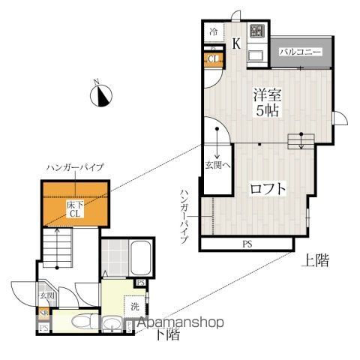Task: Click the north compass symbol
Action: pos(101,95)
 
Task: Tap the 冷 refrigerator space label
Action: pos(214,32)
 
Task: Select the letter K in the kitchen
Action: pos(235,43)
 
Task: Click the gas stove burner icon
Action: pos(257,32)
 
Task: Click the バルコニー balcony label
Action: pos(301,52)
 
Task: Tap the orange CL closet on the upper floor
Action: pos(213,59)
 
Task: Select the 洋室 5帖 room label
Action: pos(266,101)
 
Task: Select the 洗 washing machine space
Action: pos(134,306)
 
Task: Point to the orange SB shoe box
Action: pos(44,313)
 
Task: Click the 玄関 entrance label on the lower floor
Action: pos(44,295)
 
